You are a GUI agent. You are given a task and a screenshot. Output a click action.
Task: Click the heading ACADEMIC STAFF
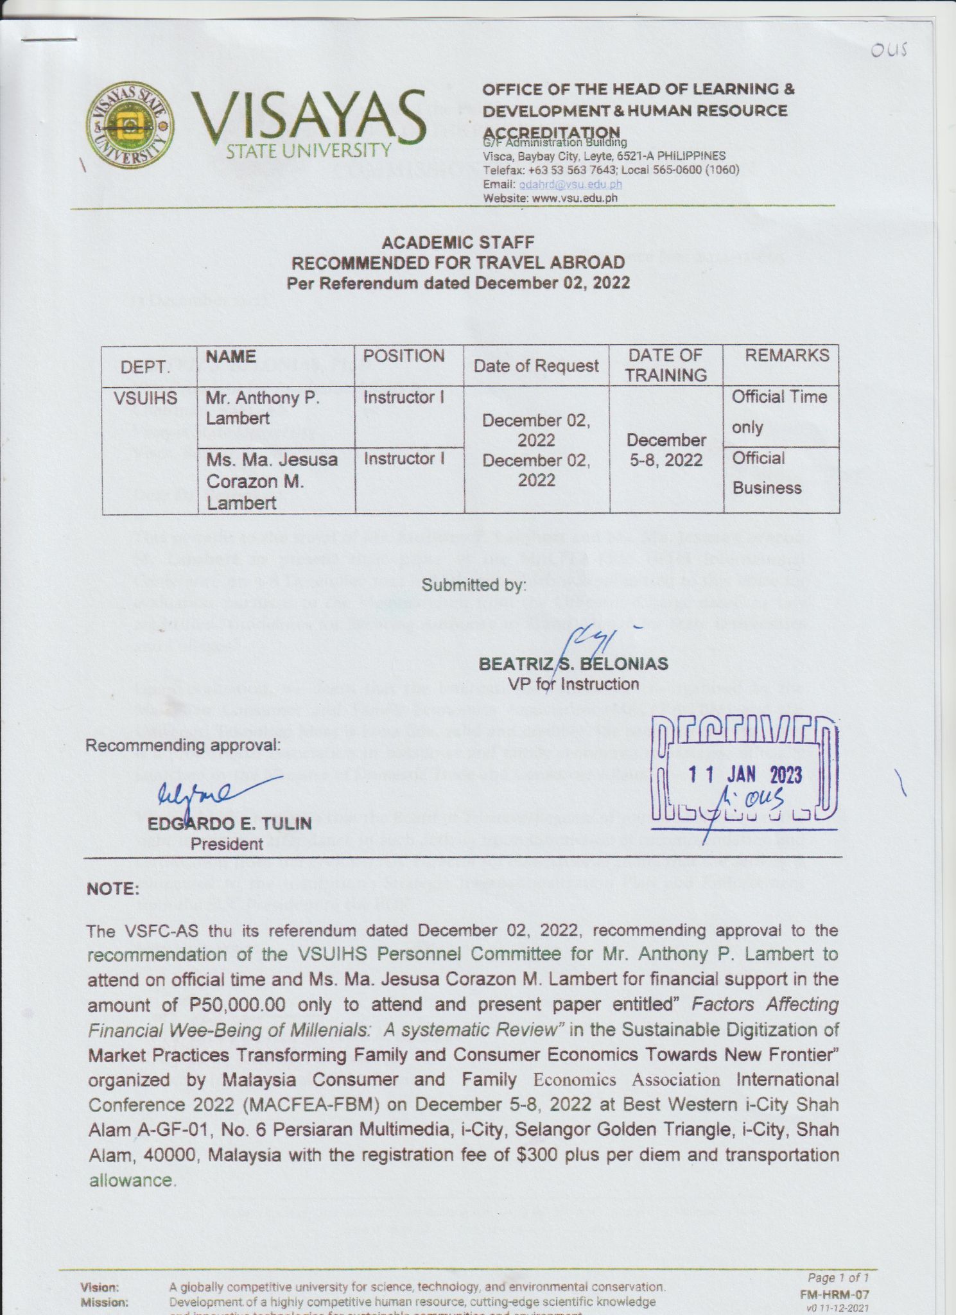click(x=458, y=243)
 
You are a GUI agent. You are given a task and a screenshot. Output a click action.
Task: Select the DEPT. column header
click(x=146, y=367)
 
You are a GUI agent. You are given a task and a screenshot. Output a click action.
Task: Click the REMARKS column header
click(x=787, y=356)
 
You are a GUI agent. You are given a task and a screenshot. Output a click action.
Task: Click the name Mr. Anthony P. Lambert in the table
click(x=262, y=408)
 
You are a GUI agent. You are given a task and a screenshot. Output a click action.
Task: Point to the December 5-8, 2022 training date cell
click(x=666, y=450)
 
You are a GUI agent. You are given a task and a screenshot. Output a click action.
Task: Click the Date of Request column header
click(x=535, y=366)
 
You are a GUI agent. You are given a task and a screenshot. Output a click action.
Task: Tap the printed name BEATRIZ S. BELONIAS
click(x=573, y=664)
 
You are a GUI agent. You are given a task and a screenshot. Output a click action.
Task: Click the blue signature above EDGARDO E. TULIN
click(x=205, y=792)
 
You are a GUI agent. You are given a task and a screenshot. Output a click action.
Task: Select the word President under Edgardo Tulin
click(x=227, y=844)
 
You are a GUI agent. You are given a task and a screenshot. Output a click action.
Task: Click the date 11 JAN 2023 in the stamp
click(x=745, y=776)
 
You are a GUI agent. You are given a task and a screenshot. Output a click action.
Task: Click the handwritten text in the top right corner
click(x=888, y=50)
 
